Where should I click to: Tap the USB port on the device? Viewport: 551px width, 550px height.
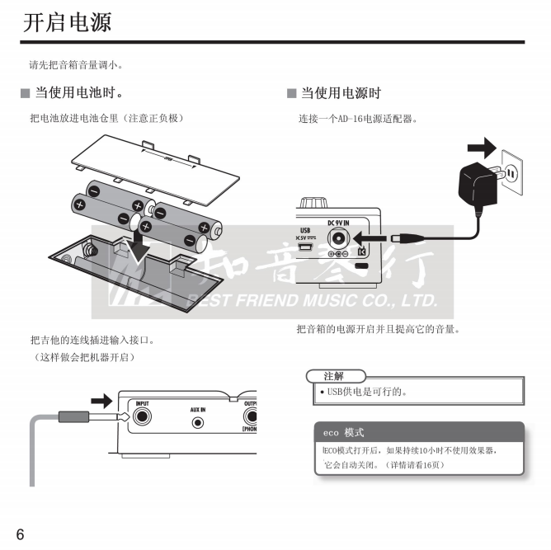tap(305, 247)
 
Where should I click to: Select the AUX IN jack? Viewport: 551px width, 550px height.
tap(198, 422)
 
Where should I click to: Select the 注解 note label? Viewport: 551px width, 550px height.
tap(334, 376)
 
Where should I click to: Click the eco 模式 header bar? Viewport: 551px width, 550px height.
tap(419, 432)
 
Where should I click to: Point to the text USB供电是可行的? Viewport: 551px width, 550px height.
tap(367, 392)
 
